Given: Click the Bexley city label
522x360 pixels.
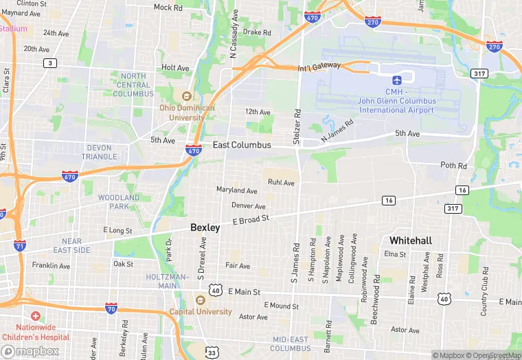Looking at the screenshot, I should (x=205, y=227).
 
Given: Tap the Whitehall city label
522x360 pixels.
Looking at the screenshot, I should (x=411, y=240).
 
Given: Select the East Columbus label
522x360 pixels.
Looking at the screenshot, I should (x=242, y=145).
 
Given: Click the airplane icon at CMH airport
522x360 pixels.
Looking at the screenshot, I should (x=397, y=80).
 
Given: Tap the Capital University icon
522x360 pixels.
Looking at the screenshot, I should (x=201, y=300).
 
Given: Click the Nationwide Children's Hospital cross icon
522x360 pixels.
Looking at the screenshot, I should (x=35, y=316).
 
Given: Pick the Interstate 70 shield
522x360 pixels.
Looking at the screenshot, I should (x=111, y=308).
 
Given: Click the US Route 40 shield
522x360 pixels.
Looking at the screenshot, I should (x=216, y=291).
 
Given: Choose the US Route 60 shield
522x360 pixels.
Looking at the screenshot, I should (x=444, y=299).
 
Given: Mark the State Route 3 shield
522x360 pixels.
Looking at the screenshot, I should (x=49, y=63).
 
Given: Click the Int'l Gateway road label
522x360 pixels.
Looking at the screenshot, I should (x=319, y=66).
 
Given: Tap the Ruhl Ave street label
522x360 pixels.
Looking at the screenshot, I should (x=281, y=183).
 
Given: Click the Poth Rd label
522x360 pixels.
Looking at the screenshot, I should (x=453, y=166).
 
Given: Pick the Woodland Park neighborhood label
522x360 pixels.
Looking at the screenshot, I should (x=119, y=202).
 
